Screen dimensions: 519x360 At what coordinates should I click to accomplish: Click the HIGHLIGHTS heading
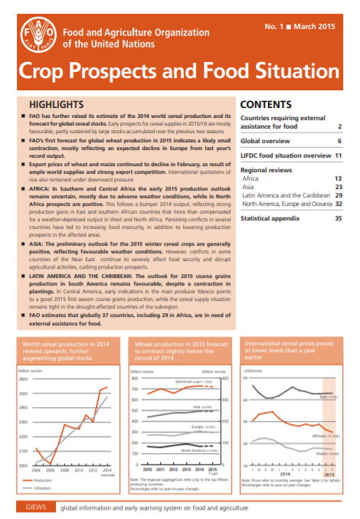click(x=55, y=103)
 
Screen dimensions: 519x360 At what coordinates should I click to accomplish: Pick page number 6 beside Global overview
click(x=339, y=142)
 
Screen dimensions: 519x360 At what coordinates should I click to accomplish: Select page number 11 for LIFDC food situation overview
click(x=337, y=155)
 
